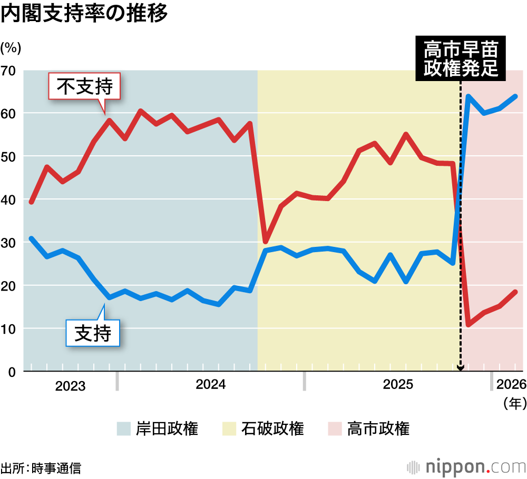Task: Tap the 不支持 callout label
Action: (x=84, y=87)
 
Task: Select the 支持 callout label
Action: (x=93, y=333)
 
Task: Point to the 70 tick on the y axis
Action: (x=10, y=71)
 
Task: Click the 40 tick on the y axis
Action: (x=10, y=200)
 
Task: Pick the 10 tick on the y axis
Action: (x=10, y=329)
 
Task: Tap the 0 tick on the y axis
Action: (x=13, y=372)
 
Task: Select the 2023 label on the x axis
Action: (x=70, y=386)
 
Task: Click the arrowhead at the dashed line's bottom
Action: (x=461, y=368)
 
